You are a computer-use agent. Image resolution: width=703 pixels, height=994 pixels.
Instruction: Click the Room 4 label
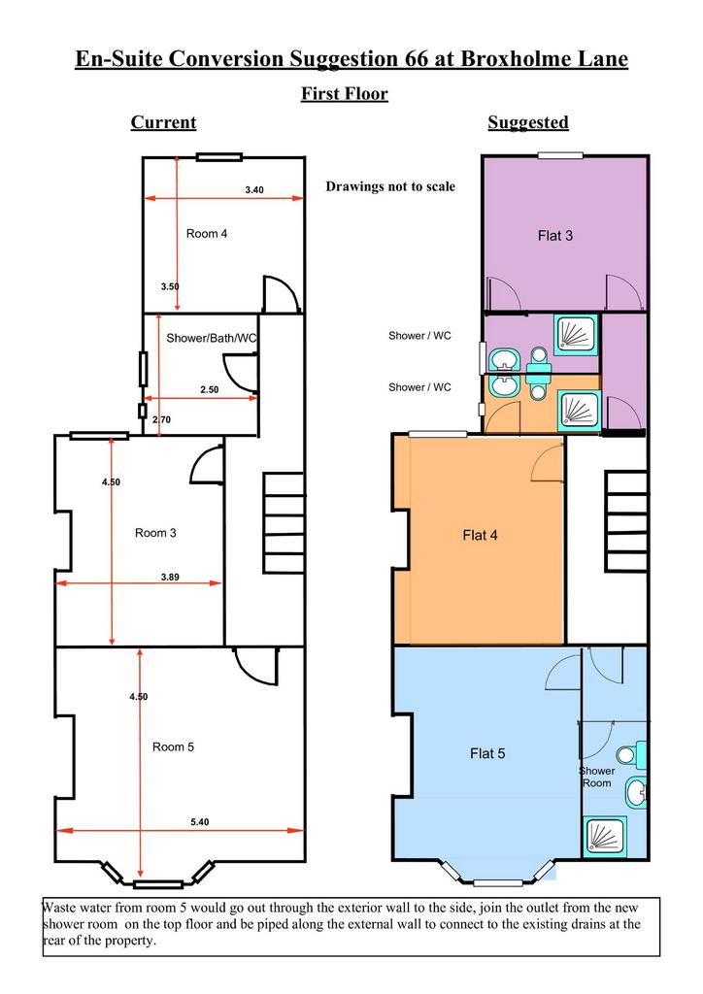click(x=207, y=234)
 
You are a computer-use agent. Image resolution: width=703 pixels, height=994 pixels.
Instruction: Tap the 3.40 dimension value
click(x=254, y=189)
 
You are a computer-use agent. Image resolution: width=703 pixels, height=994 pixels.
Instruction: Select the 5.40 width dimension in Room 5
click(x=200, y=821)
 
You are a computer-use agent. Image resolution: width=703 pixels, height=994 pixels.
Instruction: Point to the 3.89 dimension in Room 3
click(x=170, y=577)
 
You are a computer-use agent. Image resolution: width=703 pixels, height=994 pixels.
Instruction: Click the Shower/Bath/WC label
click(x=211, y=338)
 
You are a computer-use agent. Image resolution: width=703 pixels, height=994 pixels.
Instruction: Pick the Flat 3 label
click(x=555, y=236)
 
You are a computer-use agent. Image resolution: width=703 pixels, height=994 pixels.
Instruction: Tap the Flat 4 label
click(x=480, y=535)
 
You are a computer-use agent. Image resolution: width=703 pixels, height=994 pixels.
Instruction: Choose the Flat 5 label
click(x=487, y=753)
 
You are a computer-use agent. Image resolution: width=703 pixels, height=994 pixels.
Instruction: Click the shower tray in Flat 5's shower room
click(x=604, y=837)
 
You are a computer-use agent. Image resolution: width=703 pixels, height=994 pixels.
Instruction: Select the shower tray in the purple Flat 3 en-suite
click(x=576, y=335)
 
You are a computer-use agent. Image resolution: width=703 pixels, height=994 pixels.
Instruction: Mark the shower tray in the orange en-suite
click(x=578, y=411)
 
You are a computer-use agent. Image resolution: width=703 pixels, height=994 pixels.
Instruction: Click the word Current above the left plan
click(x=163, y=122)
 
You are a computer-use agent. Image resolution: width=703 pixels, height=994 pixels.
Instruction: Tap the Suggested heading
click(x=528, y=122)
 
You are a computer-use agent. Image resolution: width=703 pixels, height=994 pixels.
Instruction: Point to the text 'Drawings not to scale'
click(x=390, y=186)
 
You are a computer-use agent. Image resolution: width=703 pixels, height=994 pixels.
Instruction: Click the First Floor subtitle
click(x=344, y=94)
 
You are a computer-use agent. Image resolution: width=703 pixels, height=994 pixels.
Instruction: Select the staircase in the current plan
click(x=284, y=523)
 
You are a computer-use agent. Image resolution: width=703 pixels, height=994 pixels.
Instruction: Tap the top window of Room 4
click(x=218, y=157)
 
